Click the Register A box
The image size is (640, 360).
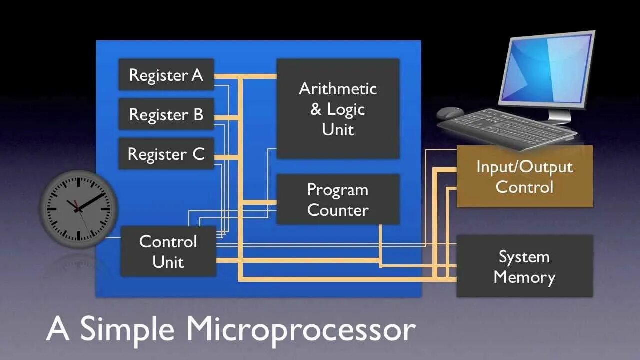[166, 75]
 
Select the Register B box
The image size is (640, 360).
[166, 114]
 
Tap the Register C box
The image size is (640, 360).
[166, 154]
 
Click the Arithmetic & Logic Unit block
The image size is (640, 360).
[338, 109]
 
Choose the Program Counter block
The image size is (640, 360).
[338, 199]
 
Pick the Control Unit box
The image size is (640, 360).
[168, 251]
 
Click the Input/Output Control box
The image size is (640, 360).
[524, 176]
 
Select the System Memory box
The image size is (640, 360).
[524, 266]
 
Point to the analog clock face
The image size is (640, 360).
[78, 209]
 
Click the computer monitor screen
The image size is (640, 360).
[548, 69]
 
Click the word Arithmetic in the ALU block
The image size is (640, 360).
[338, 89]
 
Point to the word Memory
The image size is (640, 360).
[524, 277]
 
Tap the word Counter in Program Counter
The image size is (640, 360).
[338, 210]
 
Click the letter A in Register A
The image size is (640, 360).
[197, 75]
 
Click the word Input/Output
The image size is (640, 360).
[524, 166]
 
